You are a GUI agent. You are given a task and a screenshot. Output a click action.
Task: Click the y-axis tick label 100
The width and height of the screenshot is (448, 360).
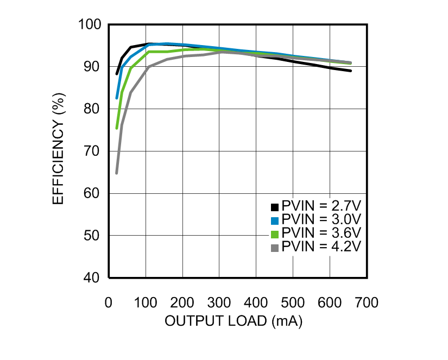(x=90, y=25)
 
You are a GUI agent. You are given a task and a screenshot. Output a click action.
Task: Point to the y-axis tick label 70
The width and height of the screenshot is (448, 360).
(x=93, y=151)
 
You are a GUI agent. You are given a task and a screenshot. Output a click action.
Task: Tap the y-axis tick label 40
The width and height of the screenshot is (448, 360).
(x=93, y=277)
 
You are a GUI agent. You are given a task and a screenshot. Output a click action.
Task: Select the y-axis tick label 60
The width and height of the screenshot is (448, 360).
(x=93, y=193)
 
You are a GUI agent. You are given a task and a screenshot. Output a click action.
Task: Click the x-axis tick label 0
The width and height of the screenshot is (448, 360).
(x=109, y=302)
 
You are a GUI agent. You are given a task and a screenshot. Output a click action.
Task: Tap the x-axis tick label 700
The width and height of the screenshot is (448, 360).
(x=367, y=302)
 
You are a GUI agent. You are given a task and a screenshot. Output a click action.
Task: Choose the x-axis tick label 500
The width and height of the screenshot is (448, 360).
(x=293, y=302)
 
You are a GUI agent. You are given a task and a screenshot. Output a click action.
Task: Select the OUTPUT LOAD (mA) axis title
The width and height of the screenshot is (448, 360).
(x=234, y=321)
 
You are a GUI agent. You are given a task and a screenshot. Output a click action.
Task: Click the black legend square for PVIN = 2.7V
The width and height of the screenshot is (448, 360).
(x=275, y=207)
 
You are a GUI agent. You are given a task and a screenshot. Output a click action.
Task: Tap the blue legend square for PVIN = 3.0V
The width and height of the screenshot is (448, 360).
(x=275, y=220)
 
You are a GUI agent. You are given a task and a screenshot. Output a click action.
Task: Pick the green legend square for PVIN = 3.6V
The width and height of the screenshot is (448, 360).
(x=275, y=234)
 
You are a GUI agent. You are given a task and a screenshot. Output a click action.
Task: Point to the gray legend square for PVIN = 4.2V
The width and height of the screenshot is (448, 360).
(x=275, y=248)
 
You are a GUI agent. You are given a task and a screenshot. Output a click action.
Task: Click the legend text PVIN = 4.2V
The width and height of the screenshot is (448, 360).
(x=321, y=247)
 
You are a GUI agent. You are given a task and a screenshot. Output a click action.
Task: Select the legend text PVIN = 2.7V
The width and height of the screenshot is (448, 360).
(x=321, y=206)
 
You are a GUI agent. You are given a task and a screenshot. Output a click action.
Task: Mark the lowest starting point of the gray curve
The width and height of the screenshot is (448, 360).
(x=117, y=173)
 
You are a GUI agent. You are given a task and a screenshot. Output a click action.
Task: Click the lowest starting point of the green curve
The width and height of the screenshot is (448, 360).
(x=117, y=129)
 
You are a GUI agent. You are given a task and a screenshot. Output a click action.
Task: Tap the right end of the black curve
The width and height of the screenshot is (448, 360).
(x=351, y=71)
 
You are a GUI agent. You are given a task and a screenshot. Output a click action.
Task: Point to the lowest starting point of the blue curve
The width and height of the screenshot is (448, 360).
(x=117, y=98)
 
